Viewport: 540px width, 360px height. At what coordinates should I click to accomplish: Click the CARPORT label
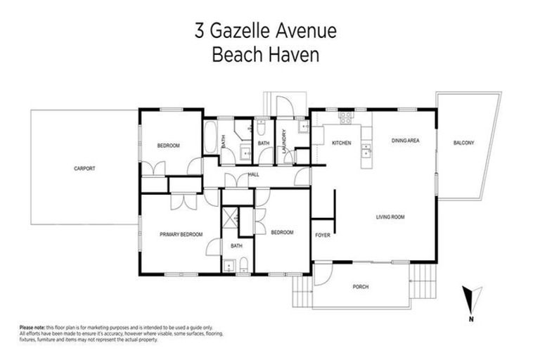84,169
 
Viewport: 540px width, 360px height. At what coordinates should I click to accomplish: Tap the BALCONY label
463,143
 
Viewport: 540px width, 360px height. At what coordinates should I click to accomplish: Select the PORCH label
361,287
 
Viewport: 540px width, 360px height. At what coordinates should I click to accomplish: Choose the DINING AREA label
406,141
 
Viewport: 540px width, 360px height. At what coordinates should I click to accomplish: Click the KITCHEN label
342,143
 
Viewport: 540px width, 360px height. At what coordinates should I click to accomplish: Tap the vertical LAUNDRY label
282,143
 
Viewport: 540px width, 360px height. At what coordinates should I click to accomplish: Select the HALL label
254,174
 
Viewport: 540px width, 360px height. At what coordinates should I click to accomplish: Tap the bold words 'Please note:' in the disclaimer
32,328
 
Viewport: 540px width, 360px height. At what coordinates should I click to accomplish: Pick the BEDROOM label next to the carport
168,146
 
